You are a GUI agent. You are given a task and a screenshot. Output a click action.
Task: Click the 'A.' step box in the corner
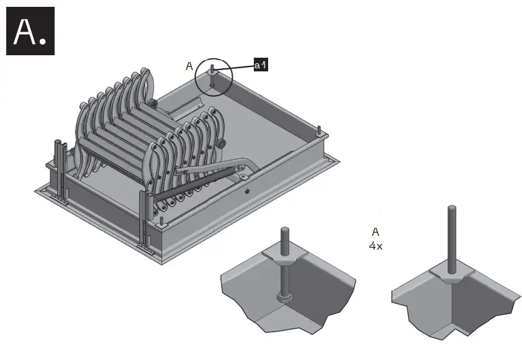click(x=30, y=31)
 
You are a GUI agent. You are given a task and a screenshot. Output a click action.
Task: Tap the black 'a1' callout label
click(x=261, y=65)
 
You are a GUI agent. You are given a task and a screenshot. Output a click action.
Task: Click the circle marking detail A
click(x=214, y=78)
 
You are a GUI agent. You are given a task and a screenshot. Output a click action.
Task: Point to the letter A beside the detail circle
click(x=189, y=66)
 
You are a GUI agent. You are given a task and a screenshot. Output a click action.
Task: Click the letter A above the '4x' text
click(x=376, y=232)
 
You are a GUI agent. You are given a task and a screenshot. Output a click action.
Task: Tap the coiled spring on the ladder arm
click(x=186, y=186)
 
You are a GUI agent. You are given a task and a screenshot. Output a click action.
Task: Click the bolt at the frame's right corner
click(x=319, y=130)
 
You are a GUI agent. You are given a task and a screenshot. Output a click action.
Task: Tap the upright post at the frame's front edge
click(x=143, y=217)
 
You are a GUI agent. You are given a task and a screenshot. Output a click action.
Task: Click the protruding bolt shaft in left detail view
click(x=285, y=238)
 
